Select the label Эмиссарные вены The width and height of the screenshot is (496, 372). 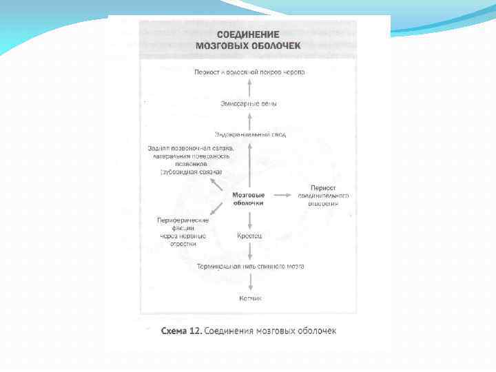[x=249, y=103]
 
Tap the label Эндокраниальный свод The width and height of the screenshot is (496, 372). [x=250, y=134]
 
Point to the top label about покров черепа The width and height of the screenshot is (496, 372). [x=249, y=72]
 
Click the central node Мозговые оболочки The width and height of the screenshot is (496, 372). [x=249, y=199]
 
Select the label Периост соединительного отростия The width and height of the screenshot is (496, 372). [x=323, y=195]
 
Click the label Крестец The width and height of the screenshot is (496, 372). [x=249, y=236]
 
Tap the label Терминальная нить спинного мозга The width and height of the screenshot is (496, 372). [x=250, y=266]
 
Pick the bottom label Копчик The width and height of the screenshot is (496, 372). [x=250, y=298]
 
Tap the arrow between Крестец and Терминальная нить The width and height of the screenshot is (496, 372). [x=249, y=251]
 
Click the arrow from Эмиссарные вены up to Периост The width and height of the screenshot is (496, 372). [x=249, y=87]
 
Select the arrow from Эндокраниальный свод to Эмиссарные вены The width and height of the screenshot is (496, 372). [x=249, y=119]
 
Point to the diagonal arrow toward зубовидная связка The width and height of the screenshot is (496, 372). [x=216, y=184]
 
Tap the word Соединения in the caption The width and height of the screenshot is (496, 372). [x=230, y=331]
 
